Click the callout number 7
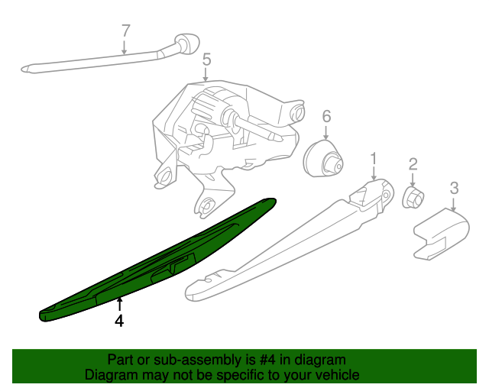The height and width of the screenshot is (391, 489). [x=126, y=31]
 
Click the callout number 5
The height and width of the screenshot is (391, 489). [x=206, y=59]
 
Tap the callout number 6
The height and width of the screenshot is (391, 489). [x=326, y=116]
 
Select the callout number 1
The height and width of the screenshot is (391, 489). [x=374, y=159]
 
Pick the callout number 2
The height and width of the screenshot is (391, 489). [x=413, y=163]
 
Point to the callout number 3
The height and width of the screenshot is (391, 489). [x=454, y=187]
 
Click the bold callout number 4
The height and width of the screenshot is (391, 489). [x=119, y=322]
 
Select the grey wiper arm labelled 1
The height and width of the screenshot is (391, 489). [x=290, y=241]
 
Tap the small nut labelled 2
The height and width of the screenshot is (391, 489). [x=413, y=198]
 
